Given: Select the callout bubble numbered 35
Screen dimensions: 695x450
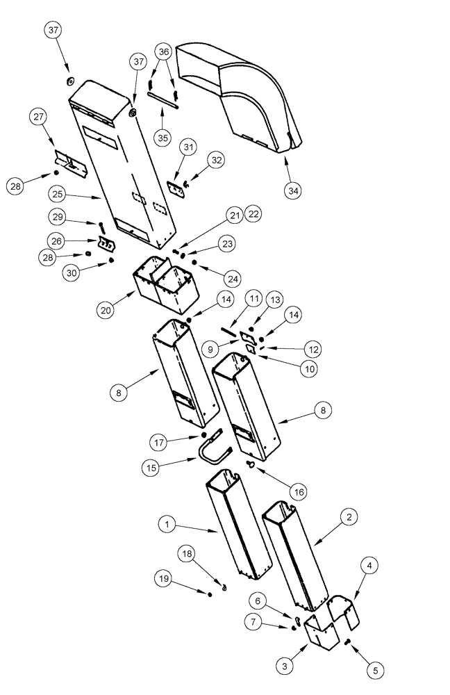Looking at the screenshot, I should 163,138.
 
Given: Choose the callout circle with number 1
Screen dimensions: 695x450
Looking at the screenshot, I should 166,524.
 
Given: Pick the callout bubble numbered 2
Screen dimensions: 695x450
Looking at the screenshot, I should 349,517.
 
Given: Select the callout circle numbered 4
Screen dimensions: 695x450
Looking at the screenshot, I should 370,566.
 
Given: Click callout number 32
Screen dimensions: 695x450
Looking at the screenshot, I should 217,160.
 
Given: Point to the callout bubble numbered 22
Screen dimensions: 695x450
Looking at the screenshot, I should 253,215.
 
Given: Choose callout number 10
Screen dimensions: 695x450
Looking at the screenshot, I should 308,370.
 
